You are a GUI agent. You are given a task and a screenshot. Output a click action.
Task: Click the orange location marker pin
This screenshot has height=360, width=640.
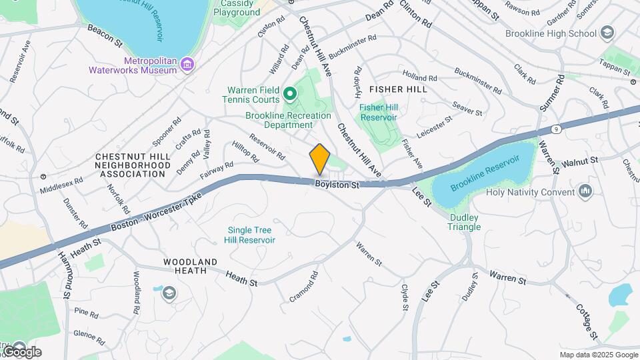(320, 159)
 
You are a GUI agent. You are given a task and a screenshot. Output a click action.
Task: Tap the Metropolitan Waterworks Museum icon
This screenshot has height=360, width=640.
(188, 64)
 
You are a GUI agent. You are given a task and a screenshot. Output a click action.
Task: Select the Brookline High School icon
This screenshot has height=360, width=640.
(607, 33)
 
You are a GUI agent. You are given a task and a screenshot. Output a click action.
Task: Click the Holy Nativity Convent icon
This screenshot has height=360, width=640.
(586, 192)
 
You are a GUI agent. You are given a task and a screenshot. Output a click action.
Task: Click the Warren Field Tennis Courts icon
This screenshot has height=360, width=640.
(290, 92)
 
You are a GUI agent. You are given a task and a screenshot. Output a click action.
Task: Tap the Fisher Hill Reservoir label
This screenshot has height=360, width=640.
(378, 112)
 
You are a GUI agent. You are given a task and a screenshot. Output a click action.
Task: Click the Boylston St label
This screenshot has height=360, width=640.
(337, 184)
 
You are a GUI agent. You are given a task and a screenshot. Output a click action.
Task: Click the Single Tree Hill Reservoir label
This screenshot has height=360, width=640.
(249, 235)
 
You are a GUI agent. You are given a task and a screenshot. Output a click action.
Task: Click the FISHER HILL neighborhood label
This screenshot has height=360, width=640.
(398, 89)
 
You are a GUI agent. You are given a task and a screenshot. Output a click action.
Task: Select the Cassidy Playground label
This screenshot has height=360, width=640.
(237, 7)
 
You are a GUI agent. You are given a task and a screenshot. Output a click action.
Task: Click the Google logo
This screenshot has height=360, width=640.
(21, 351)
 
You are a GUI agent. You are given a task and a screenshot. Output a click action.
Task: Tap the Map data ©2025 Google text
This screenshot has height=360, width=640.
(598, 355)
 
